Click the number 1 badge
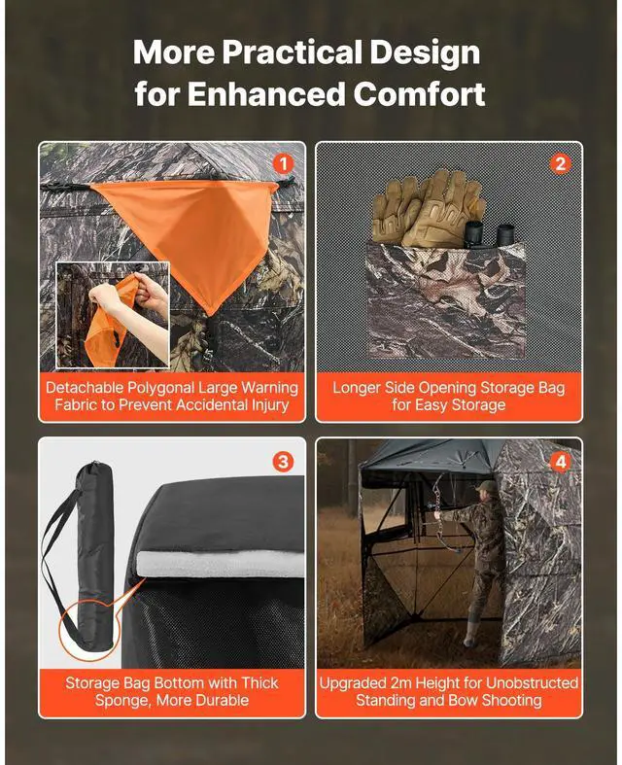click(283, 163)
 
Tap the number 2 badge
click(560, 163)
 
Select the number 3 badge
click(283, 461)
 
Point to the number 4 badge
click(560, 461)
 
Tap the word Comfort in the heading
click(419, 93)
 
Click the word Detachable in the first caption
click(85, 388)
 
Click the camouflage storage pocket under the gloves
click(445, 301)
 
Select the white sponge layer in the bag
click(221, 564)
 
